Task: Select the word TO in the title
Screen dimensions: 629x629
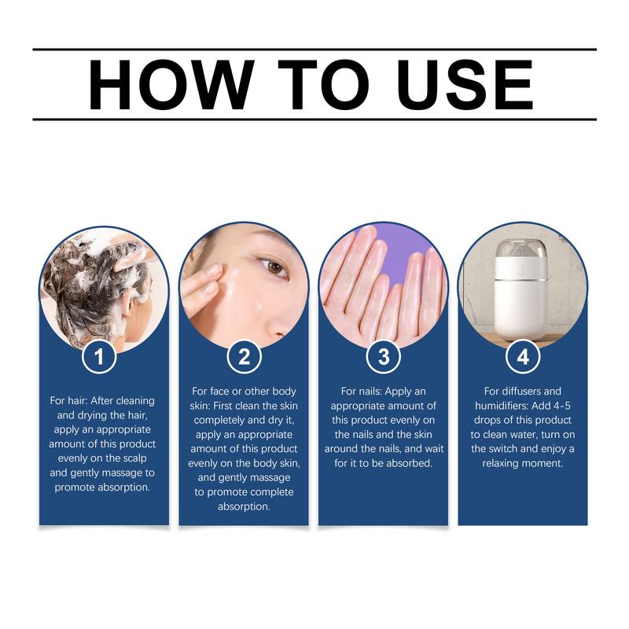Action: click(311, 84)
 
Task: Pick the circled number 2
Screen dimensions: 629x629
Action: click(244, 357)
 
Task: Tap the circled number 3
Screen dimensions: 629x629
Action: click(383, 357)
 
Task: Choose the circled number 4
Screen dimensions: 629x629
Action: click(523, 357)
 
